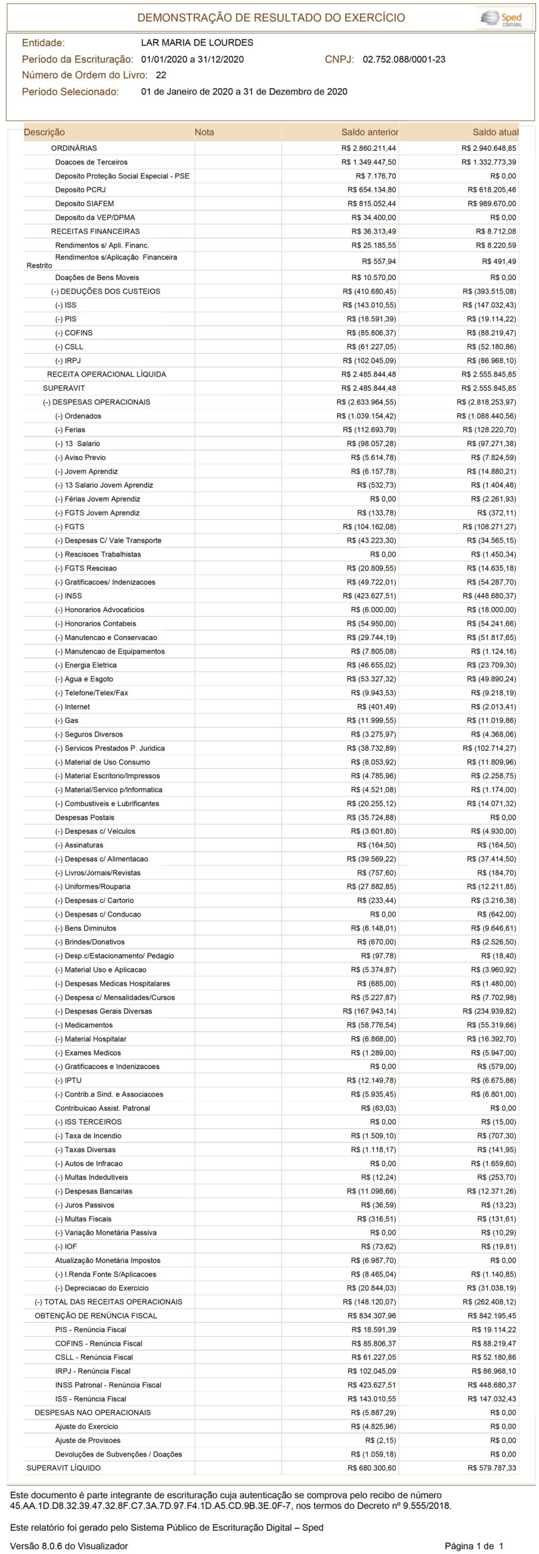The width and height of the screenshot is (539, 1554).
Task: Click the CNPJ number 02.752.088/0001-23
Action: (403, 59)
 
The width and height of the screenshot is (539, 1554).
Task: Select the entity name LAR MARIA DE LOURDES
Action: (197, 42)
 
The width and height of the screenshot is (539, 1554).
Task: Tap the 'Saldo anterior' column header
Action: (369, 132)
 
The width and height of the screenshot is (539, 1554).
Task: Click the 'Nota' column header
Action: (204, 132)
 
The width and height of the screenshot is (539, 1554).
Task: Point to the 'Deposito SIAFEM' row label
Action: (84, 204)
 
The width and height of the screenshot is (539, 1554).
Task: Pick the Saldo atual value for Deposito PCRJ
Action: (492, 190)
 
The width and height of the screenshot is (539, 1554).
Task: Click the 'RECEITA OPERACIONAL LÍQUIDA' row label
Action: (106, 375)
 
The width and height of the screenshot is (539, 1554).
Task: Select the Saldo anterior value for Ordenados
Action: (366, 416)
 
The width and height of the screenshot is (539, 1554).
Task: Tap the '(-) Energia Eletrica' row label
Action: (86, 665)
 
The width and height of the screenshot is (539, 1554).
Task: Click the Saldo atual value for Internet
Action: (493, 707)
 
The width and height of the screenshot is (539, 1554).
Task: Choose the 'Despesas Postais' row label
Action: (84, 818)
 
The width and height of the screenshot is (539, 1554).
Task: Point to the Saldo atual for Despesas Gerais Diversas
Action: (489, 1011)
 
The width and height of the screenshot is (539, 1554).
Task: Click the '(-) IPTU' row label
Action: (68, 1081)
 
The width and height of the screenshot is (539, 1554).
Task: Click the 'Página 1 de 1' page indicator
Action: (474, 1541)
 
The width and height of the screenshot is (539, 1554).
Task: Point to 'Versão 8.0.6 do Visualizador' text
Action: (69, 1541)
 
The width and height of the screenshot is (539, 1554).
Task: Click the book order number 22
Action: (161, 75)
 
